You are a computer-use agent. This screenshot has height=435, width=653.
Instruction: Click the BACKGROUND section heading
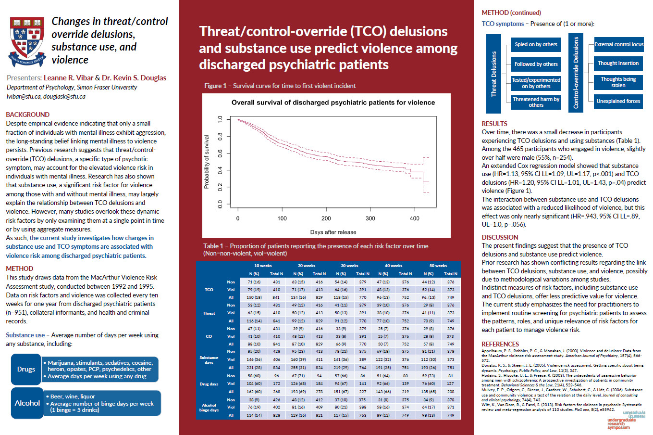(x=27, y=115)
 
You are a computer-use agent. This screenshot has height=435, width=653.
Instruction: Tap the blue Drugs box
(x=26, y=369)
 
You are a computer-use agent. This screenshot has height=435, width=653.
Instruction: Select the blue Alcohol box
(x=27, y=403)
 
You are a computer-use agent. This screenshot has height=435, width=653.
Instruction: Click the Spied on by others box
(x=536, y=44)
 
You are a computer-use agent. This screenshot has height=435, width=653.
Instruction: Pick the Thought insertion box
(x=618, y=63)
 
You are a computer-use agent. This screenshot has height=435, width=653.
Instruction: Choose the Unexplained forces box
(x=618, y=101)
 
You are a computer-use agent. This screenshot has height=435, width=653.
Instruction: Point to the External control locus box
(x=618, y=44)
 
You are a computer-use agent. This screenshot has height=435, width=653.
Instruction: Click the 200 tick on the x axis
(x=326, y=218)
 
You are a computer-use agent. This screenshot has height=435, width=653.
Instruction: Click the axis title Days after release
(x=333, y=232)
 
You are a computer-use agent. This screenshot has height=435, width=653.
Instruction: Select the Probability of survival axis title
(x=207, y=162)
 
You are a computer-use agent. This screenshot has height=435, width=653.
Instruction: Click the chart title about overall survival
(x=333, y=102)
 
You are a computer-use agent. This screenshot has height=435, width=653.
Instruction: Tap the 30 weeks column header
(x=349, y=266)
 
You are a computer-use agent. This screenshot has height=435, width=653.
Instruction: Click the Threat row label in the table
(x=209, y=313)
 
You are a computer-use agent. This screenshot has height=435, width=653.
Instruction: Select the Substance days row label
(x=209, y=360)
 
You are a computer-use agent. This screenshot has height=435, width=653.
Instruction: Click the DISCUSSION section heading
(x=500, y=237)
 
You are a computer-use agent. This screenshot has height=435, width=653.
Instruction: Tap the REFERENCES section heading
(x=500, y=344)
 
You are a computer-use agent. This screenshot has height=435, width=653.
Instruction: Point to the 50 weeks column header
(x=438, y=266)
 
